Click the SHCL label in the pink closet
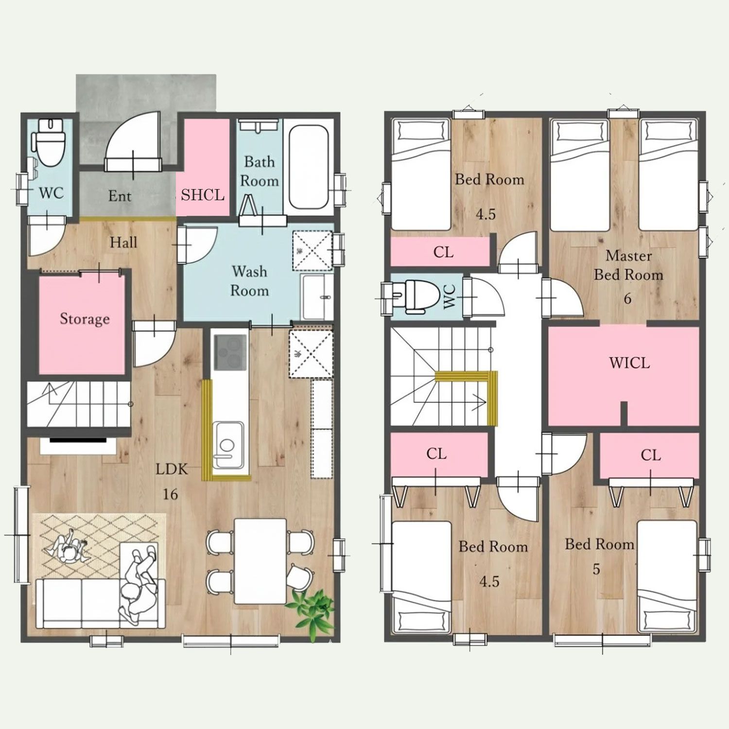click(x=203, y=195)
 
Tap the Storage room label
click(x=85, y=319)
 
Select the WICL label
click(x=629, y=363)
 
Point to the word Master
click(x=629, y=255)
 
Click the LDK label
click(x=172, y=469)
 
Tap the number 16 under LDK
click(x=170, y=494)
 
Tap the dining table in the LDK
click(x=260, y=561)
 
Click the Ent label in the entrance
click(x=120, y=196)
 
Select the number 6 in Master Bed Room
click(x=627, y=298)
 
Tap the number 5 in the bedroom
click(x=596, y=569)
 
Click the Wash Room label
click(x=249, y=280)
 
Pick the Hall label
click(x=123, y=242)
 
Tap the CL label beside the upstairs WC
click(x=443, y=252)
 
